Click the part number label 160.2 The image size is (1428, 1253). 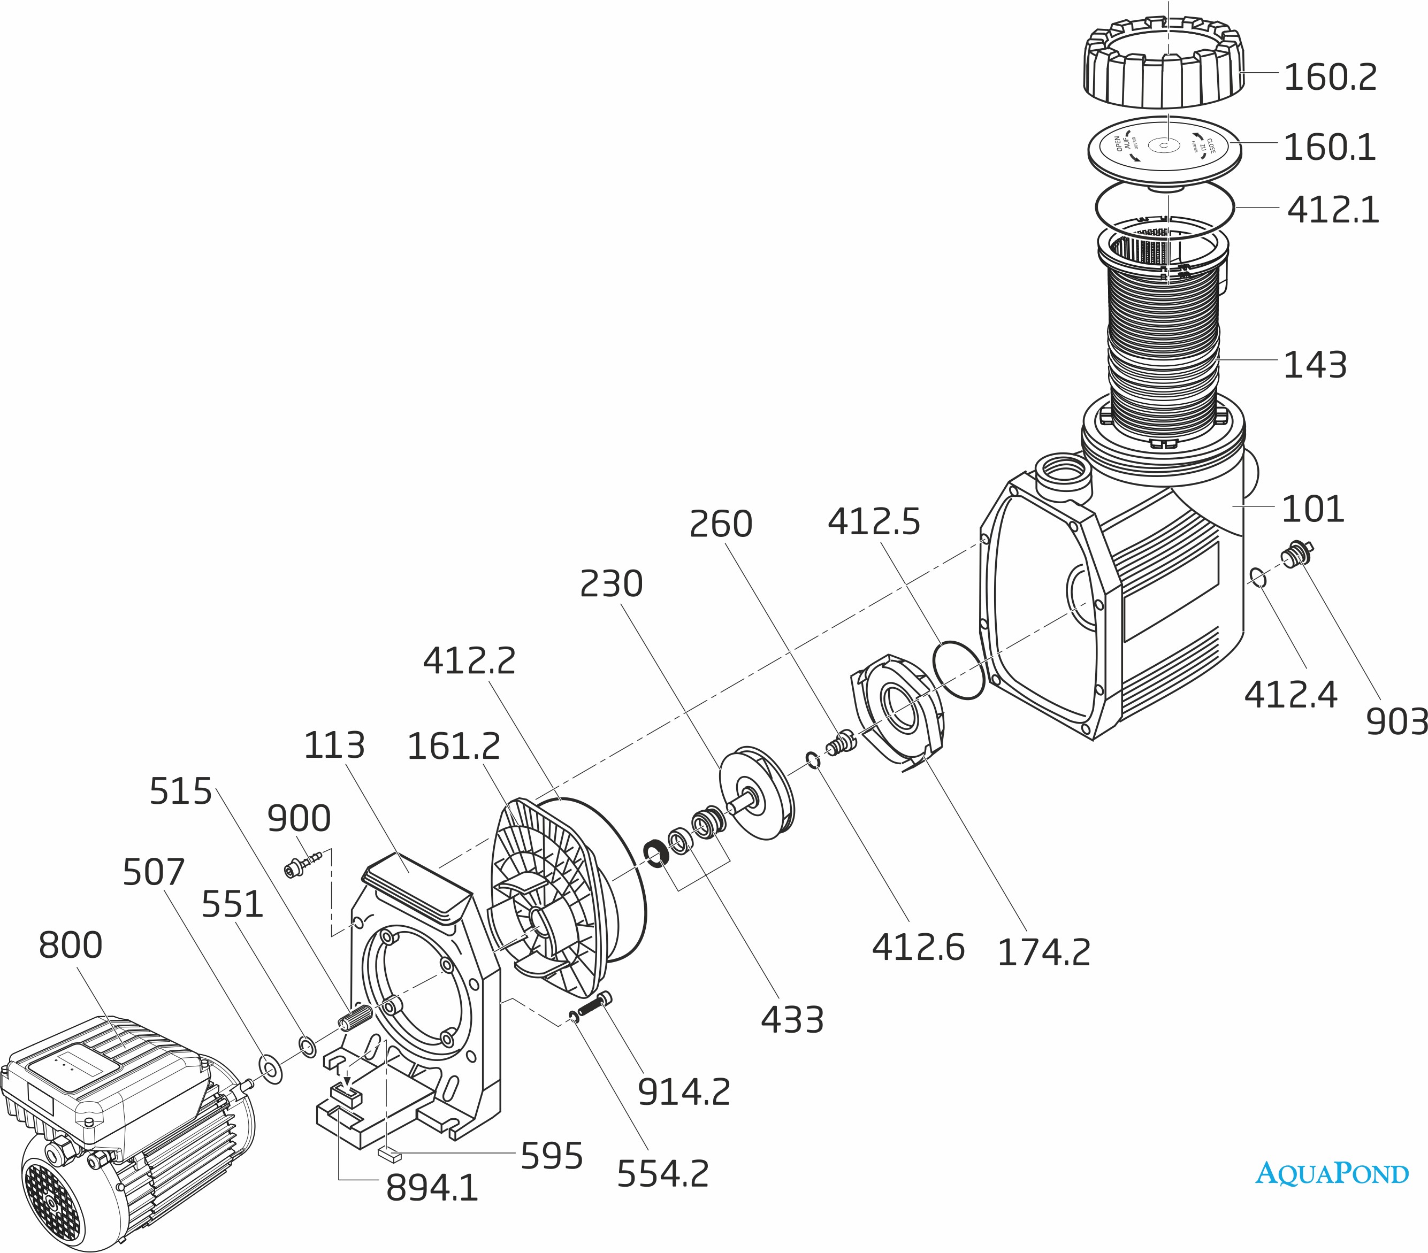pos(1330,78)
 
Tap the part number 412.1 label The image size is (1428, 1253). pos(1333,210)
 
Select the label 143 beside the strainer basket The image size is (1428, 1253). pos(1315,365)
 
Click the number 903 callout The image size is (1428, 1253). pos(1395,722)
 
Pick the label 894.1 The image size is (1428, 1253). pos(432,1188)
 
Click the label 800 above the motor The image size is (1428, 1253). pos(70,945)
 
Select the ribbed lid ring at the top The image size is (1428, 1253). pos(1164,66)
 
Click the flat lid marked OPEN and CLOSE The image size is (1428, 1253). pos(1164,148)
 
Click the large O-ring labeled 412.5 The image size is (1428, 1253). pos(959,669)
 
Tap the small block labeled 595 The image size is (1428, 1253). pos(389,1155)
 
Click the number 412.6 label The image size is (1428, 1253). pos(918,948)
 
